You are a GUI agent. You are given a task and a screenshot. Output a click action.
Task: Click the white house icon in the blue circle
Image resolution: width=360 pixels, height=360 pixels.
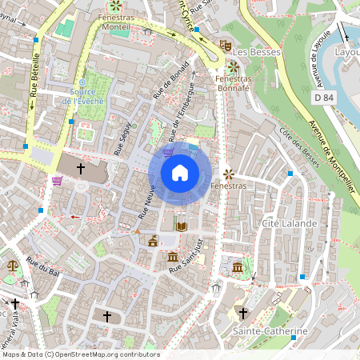click(180, 173)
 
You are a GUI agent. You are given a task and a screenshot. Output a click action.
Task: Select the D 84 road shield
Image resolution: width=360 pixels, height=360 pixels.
click(323, 97)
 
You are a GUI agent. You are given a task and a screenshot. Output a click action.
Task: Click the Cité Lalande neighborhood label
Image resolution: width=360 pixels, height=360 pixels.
click(289, 222)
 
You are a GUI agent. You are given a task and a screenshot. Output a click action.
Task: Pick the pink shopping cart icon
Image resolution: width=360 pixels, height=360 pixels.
click(58, 180)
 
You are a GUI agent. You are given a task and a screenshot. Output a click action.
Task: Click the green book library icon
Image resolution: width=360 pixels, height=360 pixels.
click(182, 226)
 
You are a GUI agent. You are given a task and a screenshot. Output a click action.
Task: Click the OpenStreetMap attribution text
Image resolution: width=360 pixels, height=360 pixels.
click(80, 354)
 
